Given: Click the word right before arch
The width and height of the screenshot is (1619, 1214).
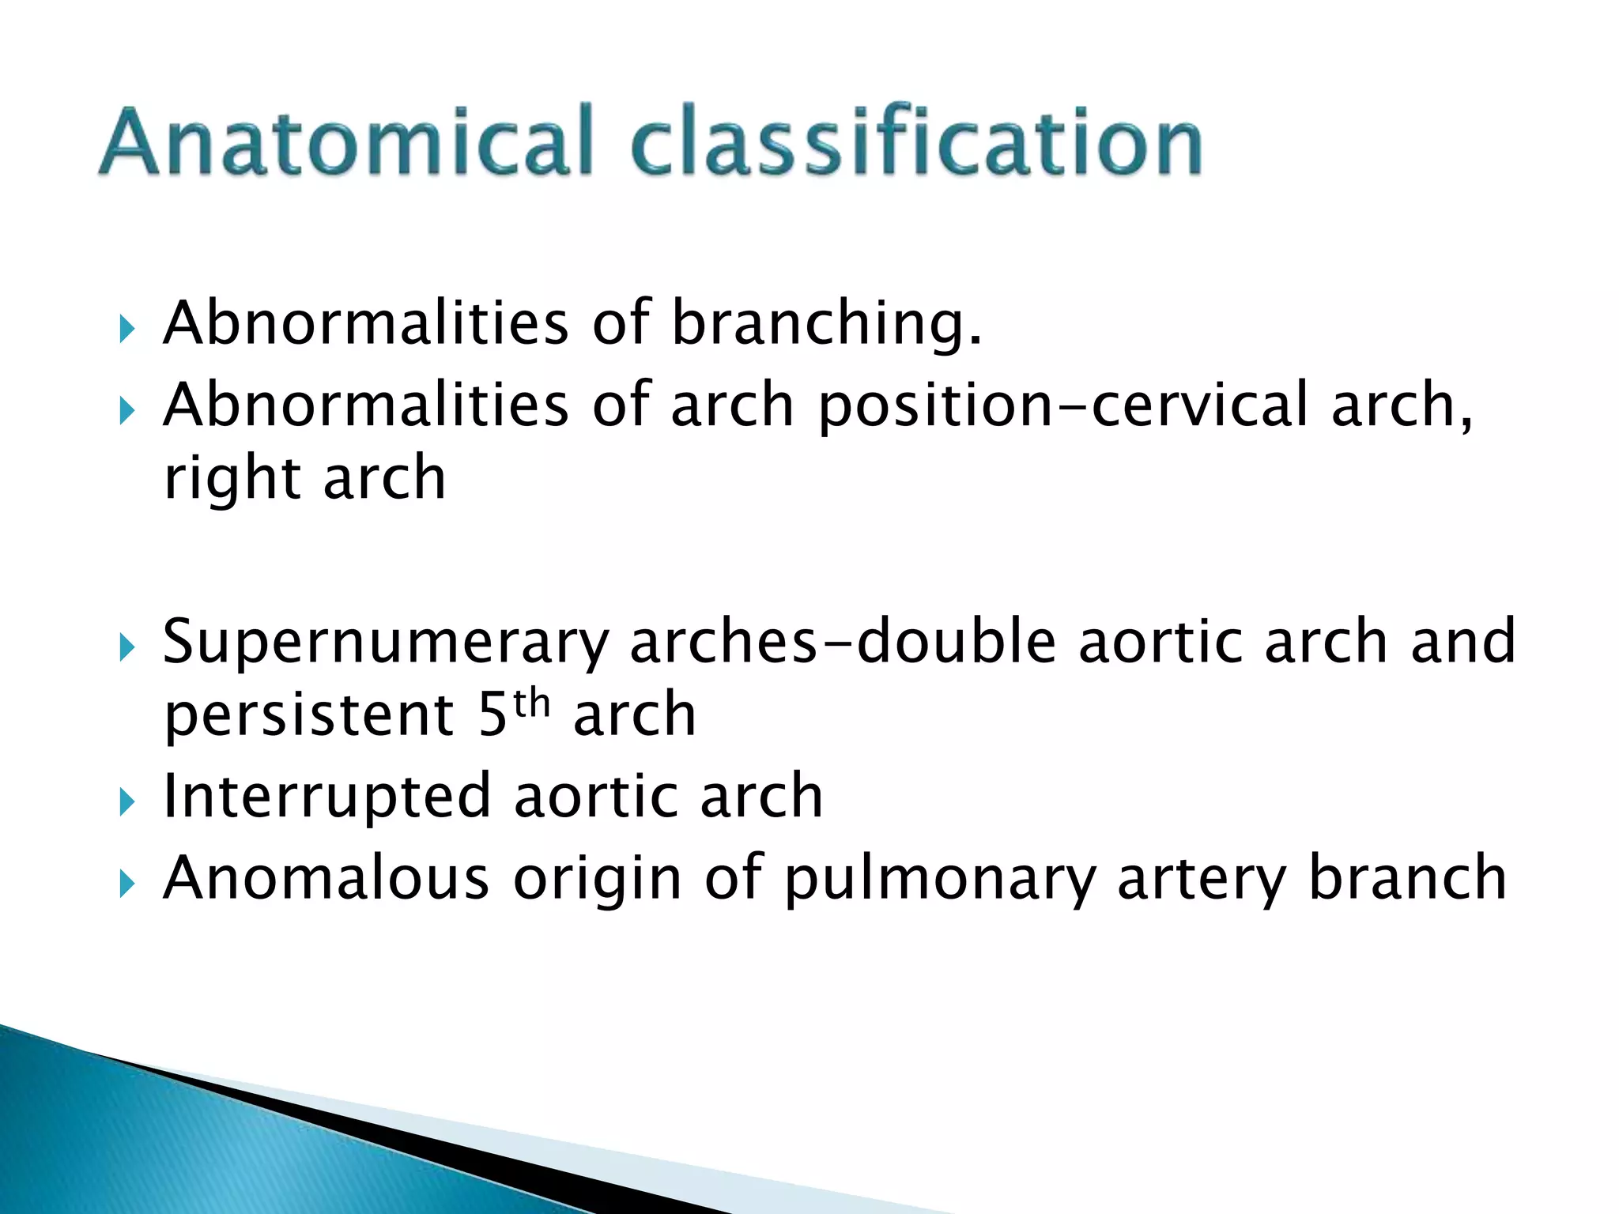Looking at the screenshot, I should coord(232,479).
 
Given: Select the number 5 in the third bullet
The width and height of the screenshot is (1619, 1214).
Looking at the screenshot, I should coord(492,716).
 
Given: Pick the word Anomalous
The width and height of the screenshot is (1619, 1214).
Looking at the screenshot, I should coord(326,878).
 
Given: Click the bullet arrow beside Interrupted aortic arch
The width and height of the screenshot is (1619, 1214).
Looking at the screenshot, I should coord(126,804).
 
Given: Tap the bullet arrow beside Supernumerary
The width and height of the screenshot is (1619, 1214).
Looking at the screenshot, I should coord(126,648).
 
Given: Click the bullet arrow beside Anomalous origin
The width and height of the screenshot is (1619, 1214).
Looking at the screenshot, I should coord(126,885).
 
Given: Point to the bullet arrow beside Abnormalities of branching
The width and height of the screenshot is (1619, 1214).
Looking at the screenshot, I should coord(126,330).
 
